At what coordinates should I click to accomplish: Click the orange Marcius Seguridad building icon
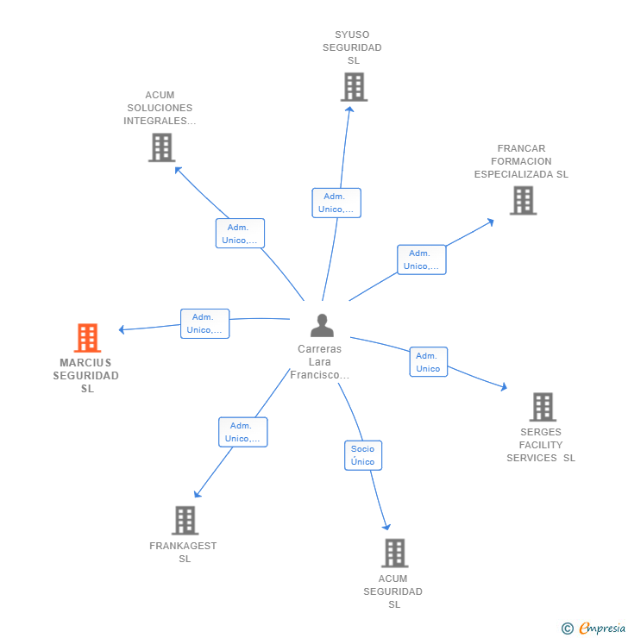tap(87, 338)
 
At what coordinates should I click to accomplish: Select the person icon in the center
tap(322, 326)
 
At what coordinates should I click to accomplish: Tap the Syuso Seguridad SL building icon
tap(354, 87)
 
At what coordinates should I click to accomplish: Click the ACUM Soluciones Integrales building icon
tap(161, 147)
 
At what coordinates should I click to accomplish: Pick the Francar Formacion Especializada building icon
tap(523, 200)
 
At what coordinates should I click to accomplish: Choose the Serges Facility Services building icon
tap(542, 407)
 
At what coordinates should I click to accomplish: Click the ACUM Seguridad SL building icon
tap(394, 553)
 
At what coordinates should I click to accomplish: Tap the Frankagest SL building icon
tap(185, 520)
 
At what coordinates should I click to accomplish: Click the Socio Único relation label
tap(363, 455)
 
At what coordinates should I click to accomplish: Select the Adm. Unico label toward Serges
tap(428, 362)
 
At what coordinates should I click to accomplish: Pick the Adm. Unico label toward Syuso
tap(336, 203)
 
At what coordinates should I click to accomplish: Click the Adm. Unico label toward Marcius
tap(204, 323)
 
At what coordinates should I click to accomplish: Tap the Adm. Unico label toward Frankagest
tap(242, 432)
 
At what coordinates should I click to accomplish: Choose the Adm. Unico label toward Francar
tap(421, 260)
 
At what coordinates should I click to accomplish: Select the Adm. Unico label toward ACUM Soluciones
tap(240, 234)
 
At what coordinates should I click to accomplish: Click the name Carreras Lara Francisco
tap(320, 362)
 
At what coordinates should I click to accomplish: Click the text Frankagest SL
tap(184, 552)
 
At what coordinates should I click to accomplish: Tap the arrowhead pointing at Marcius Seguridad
tap(122, 329)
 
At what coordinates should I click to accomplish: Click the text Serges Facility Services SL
tap(541, 445)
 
